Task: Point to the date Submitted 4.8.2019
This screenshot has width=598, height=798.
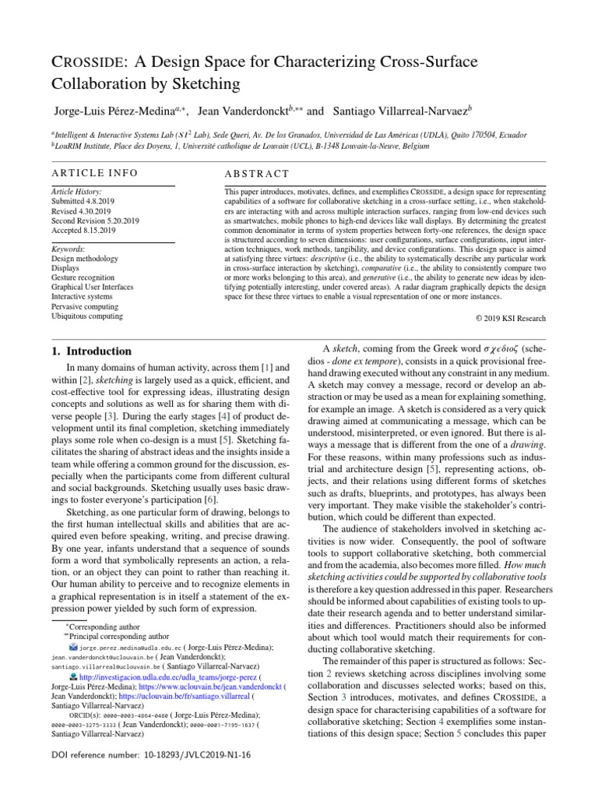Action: [x=84, y=200]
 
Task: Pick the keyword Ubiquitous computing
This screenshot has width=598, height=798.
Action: [x=86, y=316]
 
